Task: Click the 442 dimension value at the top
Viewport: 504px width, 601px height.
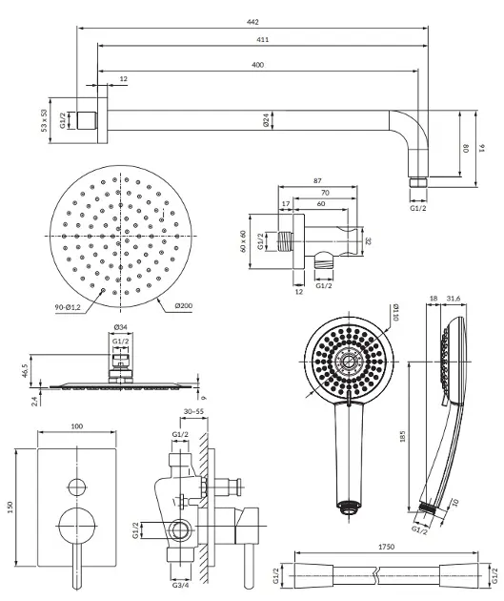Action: [x=252, y=22]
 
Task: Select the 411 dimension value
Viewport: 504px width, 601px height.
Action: [x=263, y=39]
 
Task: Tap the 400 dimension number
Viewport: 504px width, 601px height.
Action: [x=257, y=65]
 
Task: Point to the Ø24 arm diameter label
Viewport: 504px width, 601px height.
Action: [x=266, y=120]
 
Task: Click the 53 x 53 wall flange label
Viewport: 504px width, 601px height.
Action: [x=44, y=121]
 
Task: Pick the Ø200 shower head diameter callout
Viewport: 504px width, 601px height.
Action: [x=184, y=305]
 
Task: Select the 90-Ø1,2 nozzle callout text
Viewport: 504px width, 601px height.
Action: [x=68, y=307]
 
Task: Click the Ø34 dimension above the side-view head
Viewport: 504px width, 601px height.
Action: [x=121, y=327]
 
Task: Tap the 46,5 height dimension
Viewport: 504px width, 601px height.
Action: [x=26, y=371]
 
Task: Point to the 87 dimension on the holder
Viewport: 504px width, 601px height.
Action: [x=317, y=180]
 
